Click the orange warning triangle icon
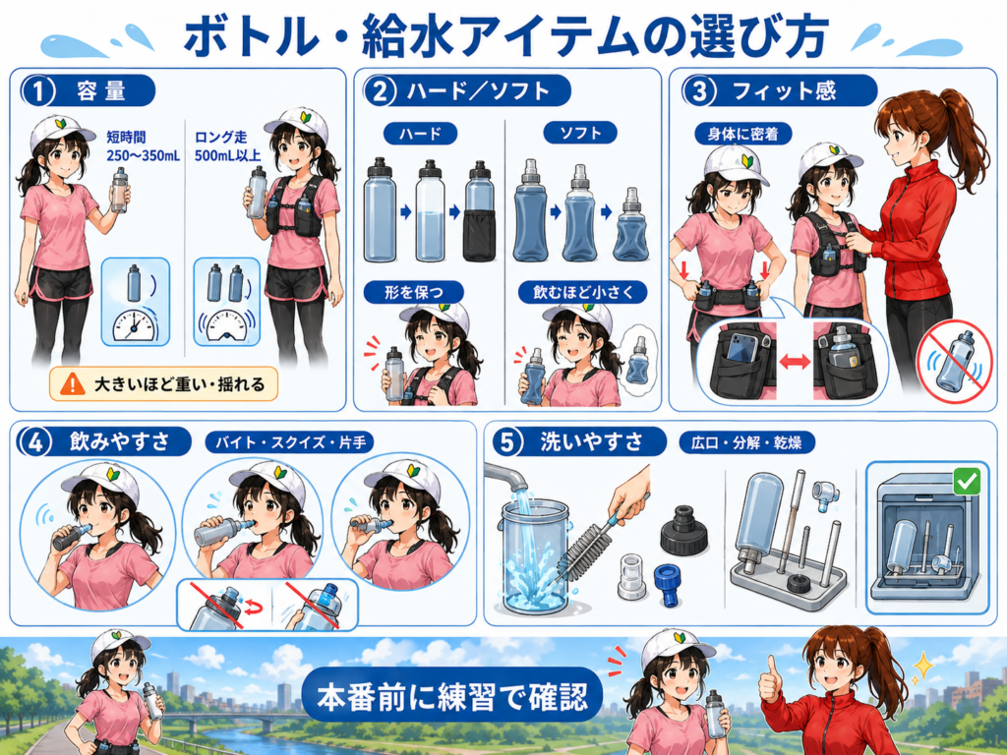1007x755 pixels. pos(73,383)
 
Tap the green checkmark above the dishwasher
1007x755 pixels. pos(968,480)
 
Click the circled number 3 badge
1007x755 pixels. pos(699,91)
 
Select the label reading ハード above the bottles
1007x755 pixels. pos(421,134)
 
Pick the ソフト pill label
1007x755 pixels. pos(580,133)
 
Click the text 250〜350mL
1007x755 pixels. pos(144,155)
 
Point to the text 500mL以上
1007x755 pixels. pos(228,155)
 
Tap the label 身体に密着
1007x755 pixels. pos(743,134)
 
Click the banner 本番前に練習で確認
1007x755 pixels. pos(452,696)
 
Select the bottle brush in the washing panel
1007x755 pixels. pos(594,536)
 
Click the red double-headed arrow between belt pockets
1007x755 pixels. pos(795,362)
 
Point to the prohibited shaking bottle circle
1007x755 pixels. pos(954,362)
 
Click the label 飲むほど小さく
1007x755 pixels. pos(583,293)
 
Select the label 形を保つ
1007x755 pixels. pos(414,293)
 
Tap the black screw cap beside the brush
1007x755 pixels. pos(684,530)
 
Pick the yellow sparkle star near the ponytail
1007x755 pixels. pos(922,666)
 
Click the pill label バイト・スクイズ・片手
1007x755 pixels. pos(289,442)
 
